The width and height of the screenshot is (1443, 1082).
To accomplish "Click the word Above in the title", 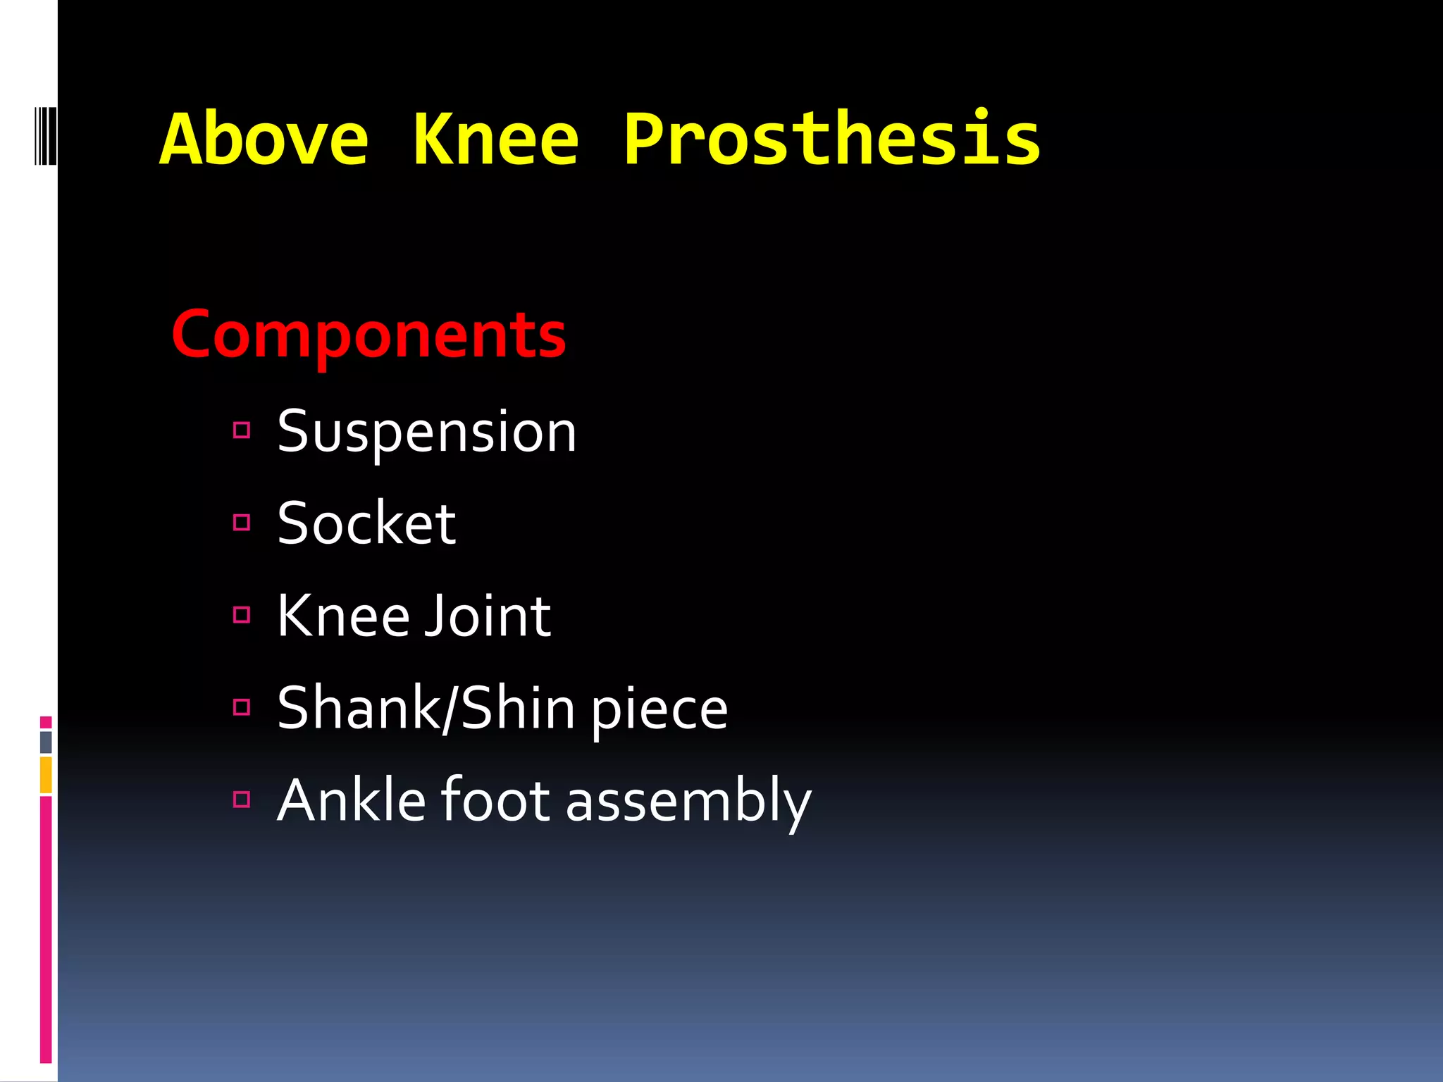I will pyautogui.click(x=264, y=139).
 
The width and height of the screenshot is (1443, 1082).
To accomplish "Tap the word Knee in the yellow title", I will pyautogui.click(x=495, y=139).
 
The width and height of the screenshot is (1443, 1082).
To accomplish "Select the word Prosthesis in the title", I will pyautogui.click(x=831, y=139).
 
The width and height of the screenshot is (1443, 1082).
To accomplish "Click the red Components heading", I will pyautogui.click(x=369, y=335).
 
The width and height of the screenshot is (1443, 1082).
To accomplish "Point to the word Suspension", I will pyautogui.click(x=427, y=431).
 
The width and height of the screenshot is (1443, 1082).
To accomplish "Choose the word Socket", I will pyautogui.click(x=366, y=523).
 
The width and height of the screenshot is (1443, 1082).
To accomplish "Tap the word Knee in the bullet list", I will pyautogui.click(x=343, y=616).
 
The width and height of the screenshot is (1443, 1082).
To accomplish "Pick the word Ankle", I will pyautogui.click(x=352, y=800).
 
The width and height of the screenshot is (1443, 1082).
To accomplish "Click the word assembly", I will pyautogui.click(x=688, y=802).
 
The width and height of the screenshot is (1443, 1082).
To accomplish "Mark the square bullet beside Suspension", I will pyautogui.click(x=242, y=430).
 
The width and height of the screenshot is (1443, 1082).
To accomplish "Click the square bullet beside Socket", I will pyautogui.click(x=242, y=522).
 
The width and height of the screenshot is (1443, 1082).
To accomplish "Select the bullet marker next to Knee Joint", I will pyautogui.click(x=242, y=615).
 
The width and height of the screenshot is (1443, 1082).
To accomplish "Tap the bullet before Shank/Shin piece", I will pyautogui.click(x=242, y=707).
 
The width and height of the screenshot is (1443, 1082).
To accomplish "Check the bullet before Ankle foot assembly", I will pyautogui.click(x=242, y=799).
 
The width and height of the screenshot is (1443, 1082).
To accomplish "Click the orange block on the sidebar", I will pyautogui.click(x=46, y=775).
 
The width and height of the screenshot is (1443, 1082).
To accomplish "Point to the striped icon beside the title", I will pyautogui.click(x=45, y=135).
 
